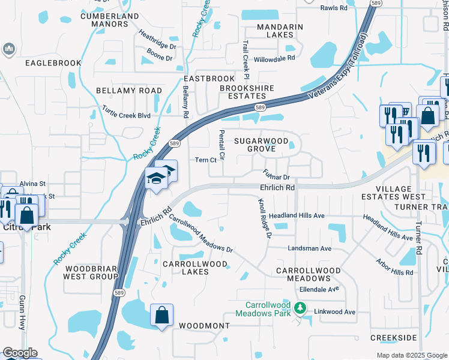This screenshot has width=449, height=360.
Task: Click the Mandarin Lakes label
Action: pos(280,31)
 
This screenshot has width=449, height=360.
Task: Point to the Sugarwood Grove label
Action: pos(258,144)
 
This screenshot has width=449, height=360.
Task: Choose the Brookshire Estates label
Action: pos(247,92)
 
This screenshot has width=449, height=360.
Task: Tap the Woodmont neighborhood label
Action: pos(204,326)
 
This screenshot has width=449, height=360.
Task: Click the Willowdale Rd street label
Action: pos(274,59)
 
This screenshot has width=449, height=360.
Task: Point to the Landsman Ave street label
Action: pos(310,248)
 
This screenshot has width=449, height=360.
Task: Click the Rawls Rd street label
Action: pos(334,8)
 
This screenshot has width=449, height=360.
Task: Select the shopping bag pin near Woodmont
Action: pos(161,314)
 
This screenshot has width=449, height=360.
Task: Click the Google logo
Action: pos(19,353)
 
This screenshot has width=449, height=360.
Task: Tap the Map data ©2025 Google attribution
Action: pos(411,355)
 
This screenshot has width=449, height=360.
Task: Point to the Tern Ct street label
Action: pos(205,160)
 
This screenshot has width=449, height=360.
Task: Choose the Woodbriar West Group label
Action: pos(91,272)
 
